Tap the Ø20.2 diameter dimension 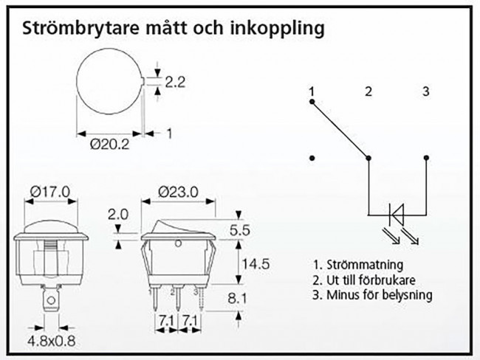pos(110,144)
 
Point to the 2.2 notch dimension pos(176,82)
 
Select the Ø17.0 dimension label pos(50,192)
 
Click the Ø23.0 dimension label pos(178,192)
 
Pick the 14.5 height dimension pos(256,264)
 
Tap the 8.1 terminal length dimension pos(237,298)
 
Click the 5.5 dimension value pos(240,230)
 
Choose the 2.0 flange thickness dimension pos(118,215)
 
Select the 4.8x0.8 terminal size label pos(52,341)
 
